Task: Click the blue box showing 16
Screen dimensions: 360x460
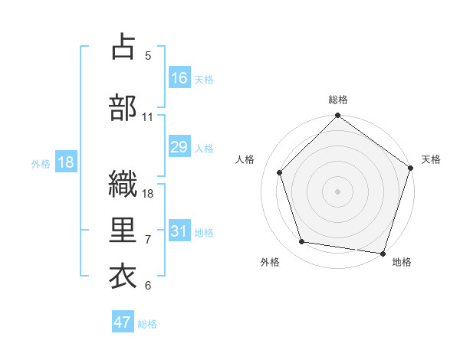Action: point(179,78)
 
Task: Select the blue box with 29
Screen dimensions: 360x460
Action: point(179,147)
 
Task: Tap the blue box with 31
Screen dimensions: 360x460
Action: point(179,231)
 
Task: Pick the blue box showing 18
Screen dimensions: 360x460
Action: point(65,162)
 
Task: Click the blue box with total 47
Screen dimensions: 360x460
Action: point(123,322)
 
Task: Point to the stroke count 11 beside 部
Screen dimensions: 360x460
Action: point(148,117)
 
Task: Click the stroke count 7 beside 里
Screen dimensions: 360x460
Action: point(148,240)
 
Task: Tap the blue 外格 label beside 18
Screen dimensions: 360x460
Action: point(41,163)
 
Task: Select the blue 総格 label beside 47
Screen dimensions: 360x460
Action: point(147,324)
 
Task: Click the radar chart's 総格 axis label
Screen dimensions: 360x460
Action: point(338,100)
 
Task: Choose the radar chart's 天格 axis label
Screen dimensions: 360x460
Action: point(431,159)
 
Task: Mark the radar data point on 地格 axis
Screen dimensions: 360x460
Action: point(383,253)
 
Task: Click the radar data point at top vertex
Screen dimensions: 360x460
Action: point(337,116)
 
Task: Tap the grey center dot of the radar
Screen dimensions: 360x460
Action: point(337,191)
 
